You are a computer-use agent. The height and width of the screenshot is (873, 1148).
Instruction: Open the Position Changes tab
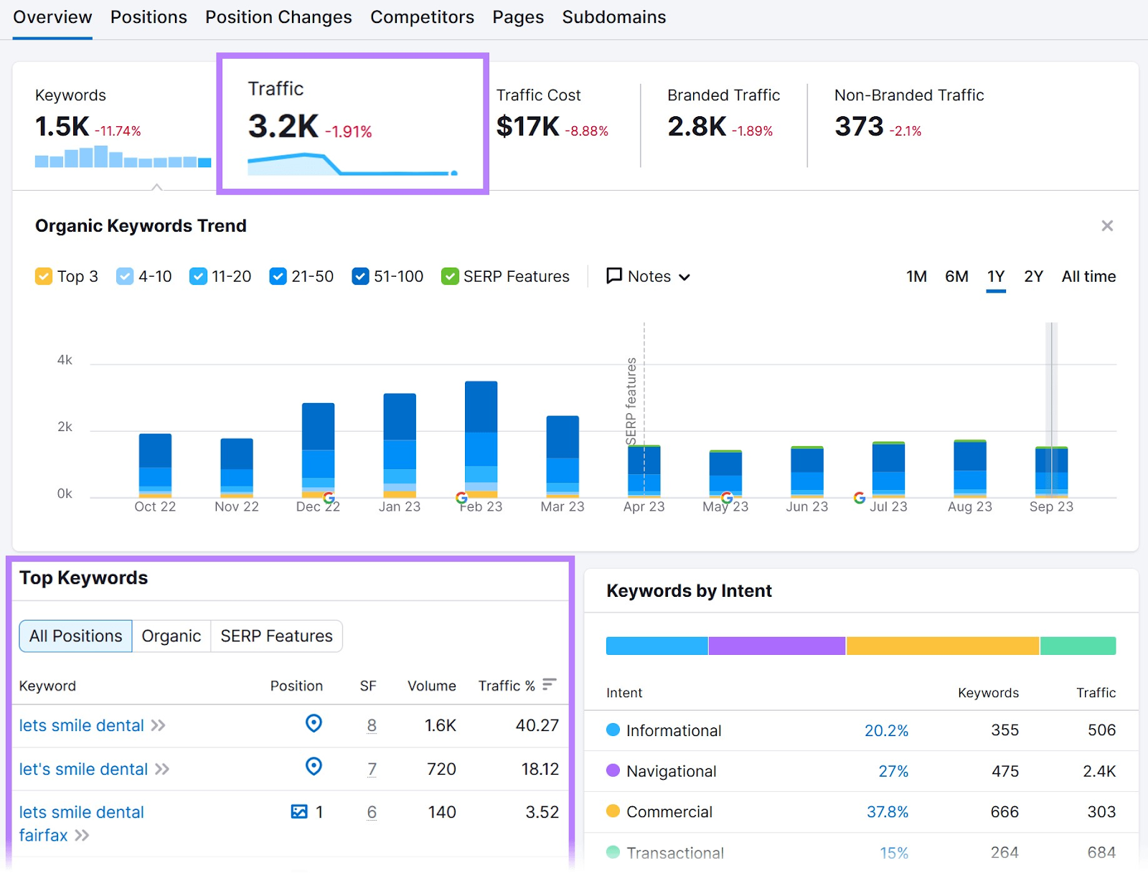coord(278,17)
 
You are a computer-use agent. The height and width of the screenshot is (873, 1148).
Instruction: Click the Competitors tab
coord(422,17)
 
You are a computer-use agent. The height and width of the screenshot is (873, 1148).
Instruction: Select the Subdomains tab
coord(613,17)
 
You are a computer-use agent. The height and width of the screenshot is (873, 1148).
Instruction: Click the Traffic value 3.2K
coord(283,127)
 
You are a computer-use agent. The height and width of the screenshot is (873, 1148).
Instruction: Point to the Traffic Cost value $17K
coord(527,127)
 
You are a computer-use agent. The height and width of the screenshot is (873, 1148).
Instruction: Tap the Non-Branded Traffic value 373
coord(859,127)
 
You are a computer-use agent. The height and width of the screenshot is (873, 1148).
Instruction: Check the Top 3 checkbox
coord(44,276)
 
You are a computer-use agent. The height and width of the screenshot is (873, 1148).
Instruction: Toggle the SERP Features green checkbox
coord(450,276)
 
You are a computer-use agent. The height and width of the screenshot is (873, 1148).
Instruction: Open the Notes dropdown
coord(649,276)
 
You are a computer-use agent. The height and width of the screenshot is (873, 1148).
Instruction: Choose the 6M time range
coord(956,276)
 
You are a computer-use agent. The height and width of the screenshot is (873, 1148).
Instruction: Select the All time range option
coord(1088,276)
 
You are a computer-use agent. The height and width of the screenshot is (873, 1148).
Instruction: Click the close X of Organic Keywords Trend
coord(1107,226)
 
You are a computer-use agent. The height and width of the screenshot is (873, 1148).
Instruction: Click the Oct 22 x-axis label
coord(155,506)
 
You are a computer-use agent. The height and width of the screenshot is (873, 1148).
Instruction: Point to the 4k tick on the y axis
coord(65,360)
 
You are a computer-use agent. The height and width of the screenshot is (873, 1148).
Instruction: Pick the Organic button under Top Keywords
coord(171,636)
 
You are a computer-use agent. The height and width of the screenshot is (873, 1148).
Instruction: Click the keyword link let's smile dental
coord(83,769)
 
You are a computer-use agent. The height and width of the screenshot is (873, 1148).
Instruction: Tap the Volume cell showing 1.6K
coord(440,725)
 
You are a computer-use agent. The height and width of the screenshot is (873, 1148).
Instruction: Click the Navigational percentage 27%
coord(893,771)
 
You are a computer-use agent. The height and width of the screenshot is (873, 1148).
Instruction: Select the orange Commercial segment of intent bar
coord(942,646)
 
